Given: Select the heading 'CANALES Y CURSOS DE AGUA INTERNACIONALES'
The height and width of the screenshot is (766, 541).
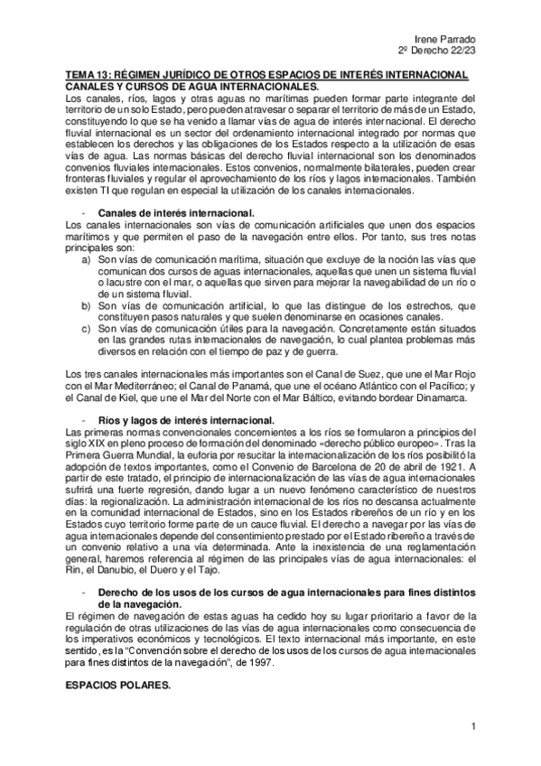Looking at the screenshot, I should click(x=192, y=86).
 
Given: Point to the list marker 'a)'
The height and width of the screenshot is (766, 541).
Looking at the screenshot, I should click(x=87, y=258).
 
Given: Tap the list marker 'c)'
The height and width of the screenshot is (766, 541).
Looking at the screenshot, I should click(x=87, y=330).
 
